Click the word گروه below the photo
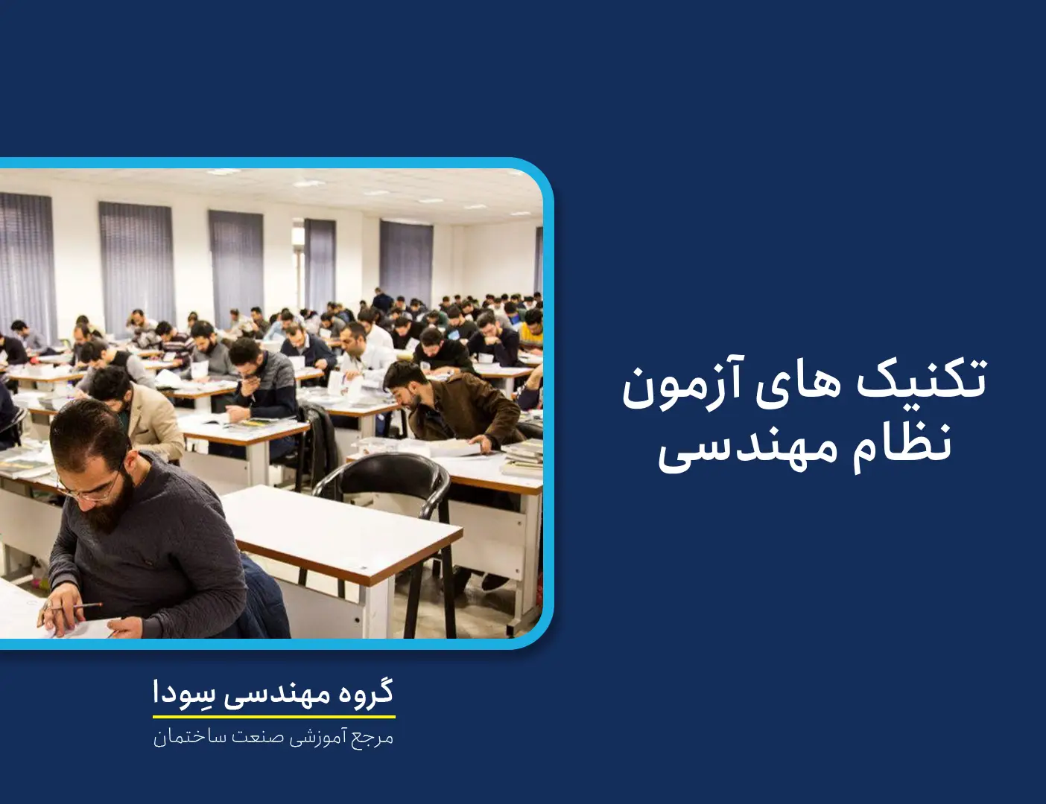point(363,692)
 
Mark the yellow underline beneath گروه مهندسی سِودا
point(274,717)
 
